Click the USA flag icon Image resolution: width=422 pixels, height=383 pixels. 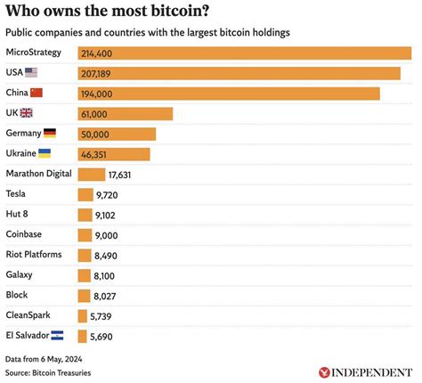[31, 73]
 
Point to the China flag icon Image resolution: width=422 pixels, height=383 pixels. [37, 93]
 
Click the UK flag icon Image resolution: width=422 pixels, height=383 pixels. [27, 113]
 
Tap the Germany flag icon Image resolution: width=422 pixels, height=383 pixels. [49, 133]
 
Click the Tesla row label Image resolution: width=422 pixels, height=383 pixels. [16, 193]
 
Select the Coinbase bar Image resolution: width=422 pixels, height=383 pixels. [85, 235]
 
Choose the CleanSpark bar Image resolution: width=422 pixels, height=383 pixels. [82, 315]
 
